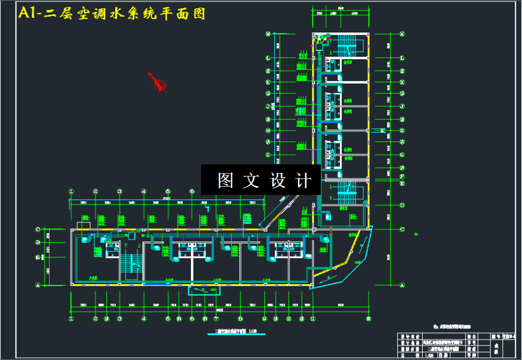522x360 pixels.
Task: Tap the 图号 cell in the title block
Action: tap(492, 335)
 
